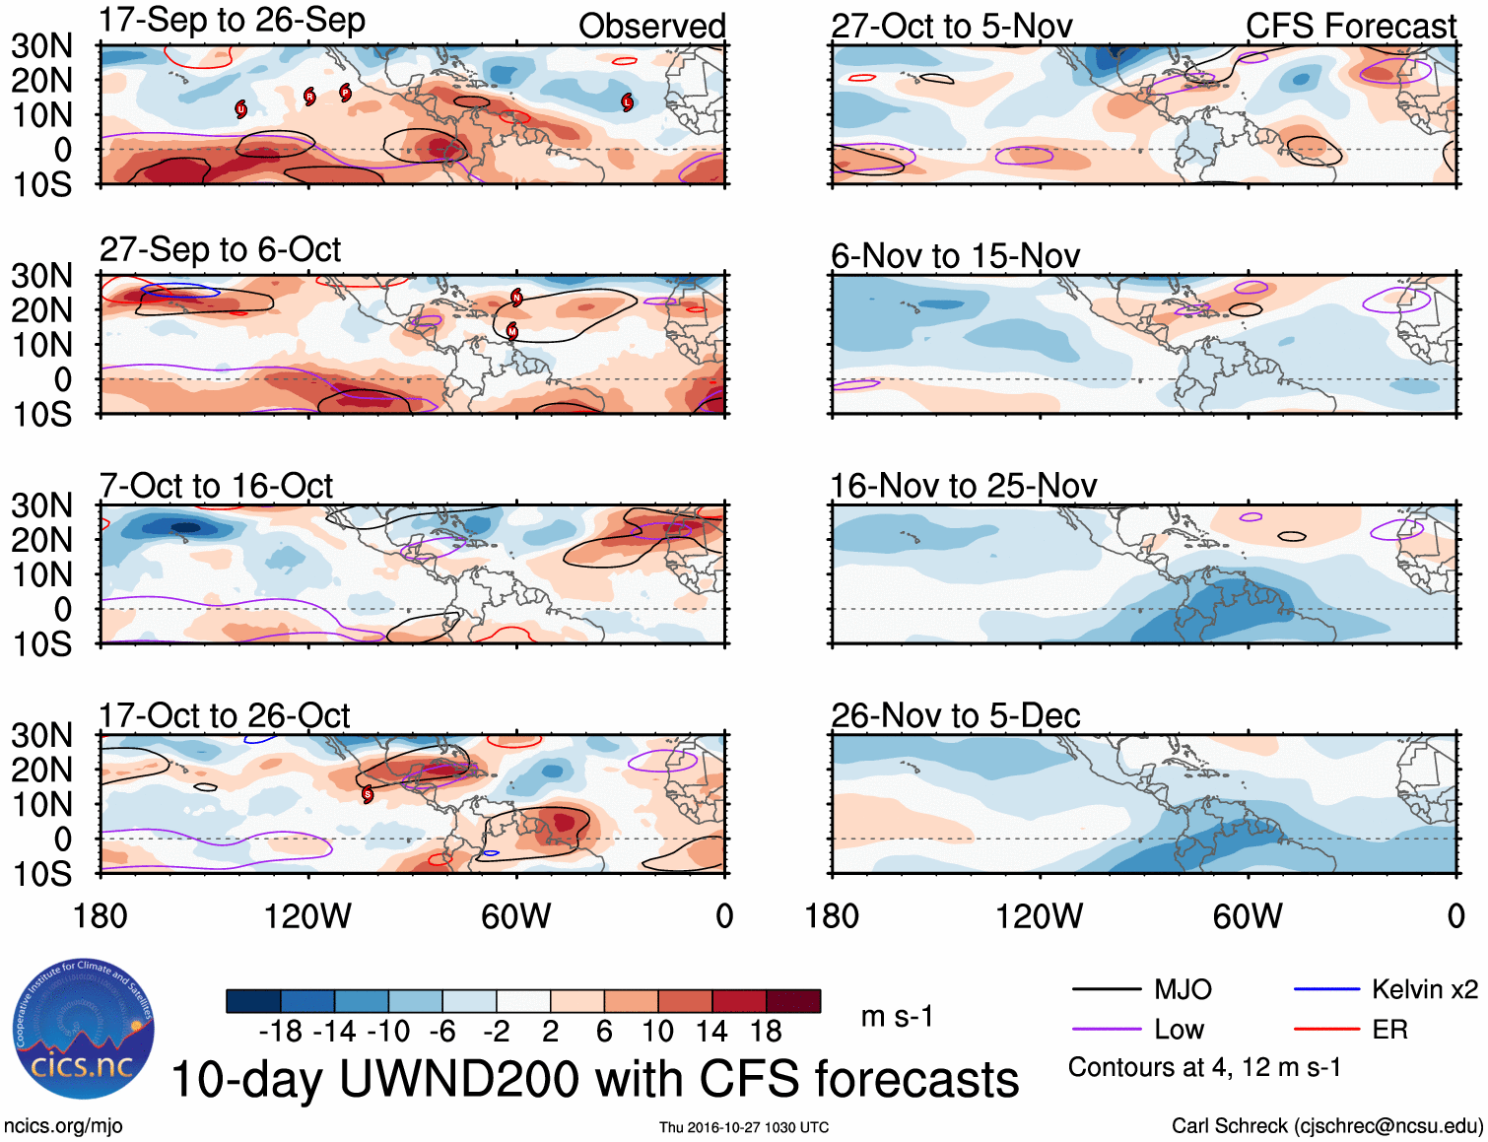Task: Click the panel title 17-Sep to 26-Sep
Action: pos(233,21)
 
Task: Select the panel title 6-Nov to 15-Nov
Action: pos(955,256)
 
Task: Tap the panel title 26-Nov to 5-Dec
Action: pos(955,715)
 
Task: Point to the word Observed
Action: pos(651,27)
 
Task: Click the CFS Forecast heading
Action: pos(1350,27)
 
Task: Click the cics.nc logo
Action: pos(83,1029)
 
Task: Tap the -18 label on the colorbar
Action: pos(281,1032)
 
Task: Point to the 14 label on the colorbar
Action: pos(710,1032)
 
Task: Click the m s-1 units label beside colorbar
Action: pos(897,1016)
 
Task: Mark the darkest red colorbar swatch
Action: pos(793,1001)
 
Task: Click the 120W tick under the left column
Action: pos(307,916)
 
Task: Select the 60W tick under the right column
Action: pos(1248,916)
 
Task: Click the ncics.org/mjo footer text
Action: pos(63,1125)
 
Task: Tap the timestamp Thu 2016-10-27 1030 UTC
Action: pos(744,1127)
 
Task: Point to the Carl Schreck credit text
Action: pos(1326,1125)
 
